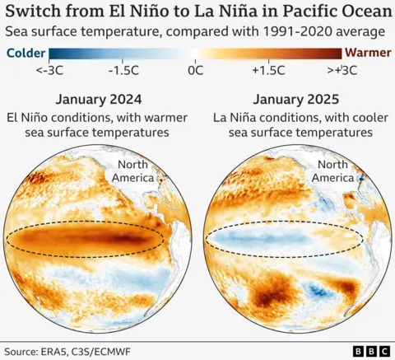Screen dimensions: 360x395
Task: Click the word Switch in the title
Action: tap(35, 12)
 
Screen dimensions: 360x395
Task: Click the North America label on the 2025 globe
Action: tap(333, 171)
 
